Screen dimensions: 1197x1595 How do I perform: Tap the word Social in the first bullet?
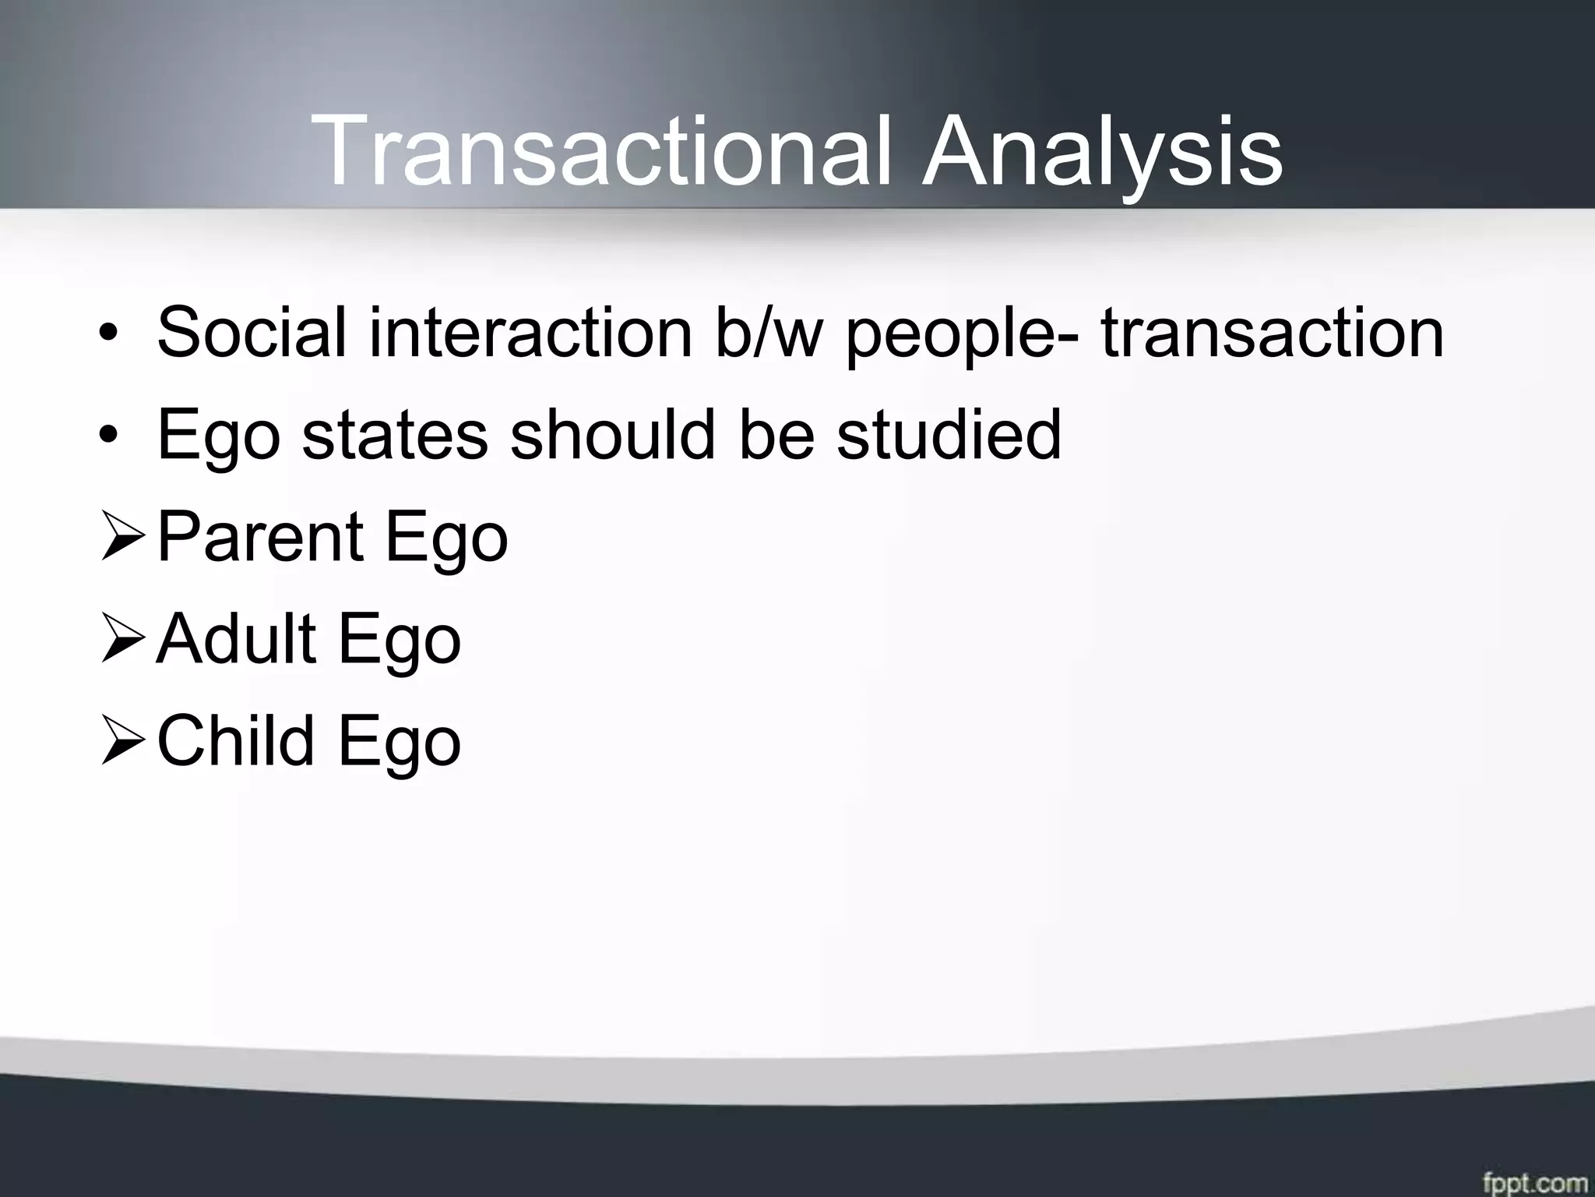(x=252, y=333)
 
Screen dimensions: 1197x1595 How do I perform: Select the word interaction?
(x=530, y=333)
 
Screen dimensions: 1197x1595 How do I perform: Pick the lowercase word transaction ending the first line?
(x=1272, y=333)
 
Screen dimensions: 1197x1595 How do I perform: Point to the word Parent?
(x=259, y=537)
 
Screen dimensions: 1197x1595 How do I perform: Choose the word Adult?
(x=236, y=639)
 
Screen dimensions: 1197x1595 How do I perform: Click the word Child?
(x=236, y=741)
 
